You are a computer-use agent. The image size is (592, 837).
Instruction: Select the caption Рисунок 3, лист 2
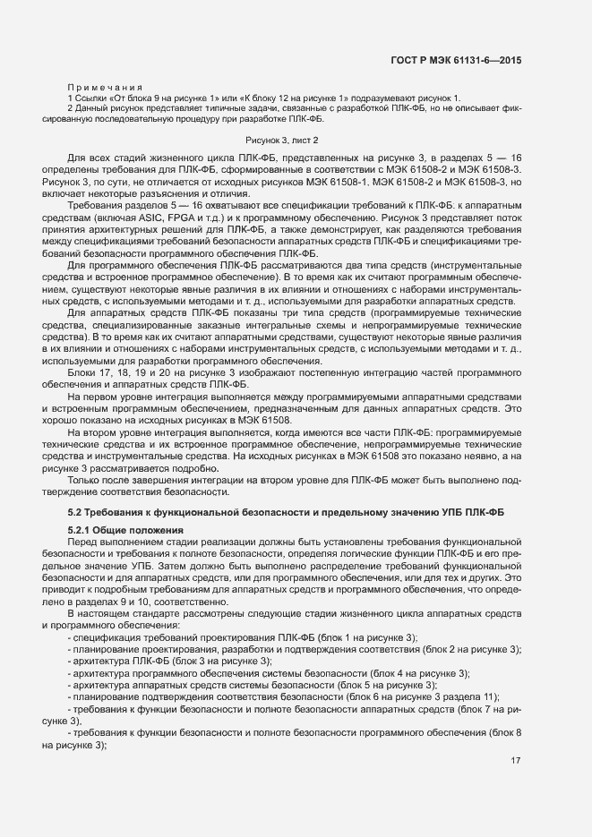(x=282, y=141)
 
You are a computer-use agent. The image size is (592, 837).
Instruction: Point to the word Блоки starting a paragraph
(x=82, y=371)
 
